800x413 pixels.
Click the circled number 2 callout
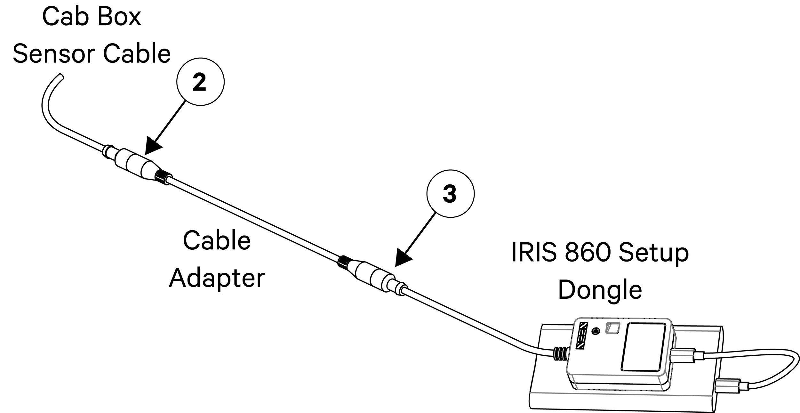tap(201, 82)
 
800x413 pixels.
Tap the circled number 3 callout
tap(451, 194)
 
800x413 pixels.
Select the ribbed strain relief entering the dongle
tap(562, 356)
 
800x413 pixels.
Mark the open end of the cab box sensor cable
tap(61, 77)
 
